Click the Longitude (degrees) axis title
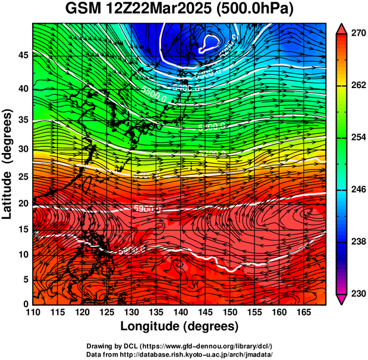coord(180,326)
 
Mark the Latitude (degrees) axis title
coord(8,163)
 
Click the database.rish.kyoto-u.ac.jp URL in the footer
coord(207,354)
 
